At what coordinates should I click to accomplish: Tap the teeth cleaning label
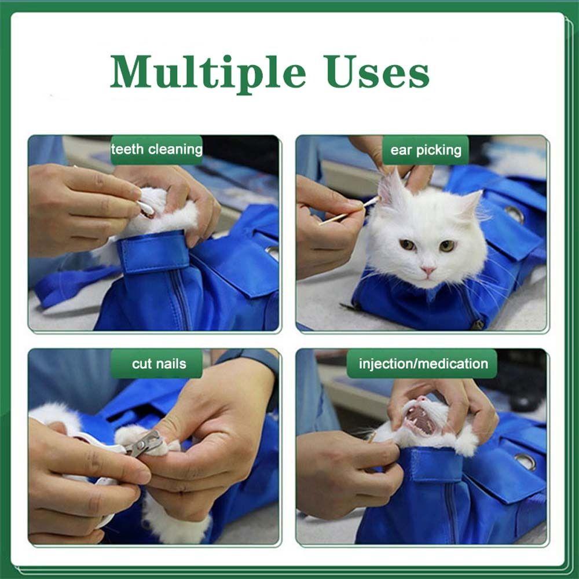point(156,150)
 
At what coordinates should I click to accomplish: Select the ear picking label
point(426,151)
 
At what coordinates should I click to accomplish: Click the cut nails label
point(159,364)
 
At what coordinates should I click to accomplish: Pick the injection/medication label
point(423,364)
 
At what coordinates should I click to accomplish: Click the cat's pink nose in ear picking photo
point(428,270)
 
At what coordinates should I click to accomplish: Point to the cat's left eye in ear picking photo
point(447,245)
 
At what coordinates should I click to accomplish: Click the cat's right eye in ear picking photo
point(408,245)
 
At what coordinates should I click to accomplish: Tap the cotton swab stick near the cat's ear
point(347,213)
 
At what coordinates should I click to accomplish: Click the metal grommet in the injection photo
point(525,461)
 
